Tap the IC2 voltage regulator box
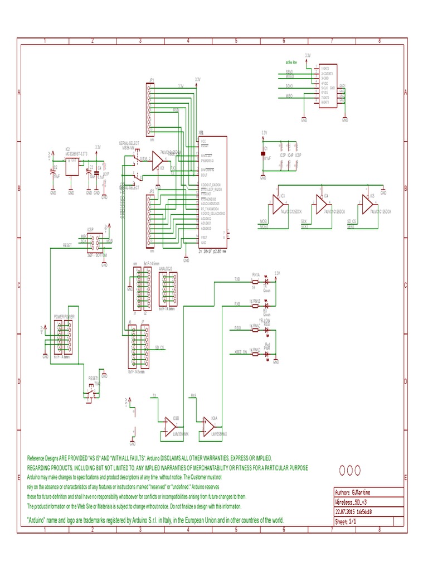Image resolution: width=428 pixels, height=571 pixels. pos(71,166)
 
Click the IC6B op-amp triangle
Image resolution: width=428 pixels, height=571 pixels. pos(169,427)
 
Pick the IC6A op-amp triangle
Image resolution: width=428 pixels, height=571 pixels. pos(208,427)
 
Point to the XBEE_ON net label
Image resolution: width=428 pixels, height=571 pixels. pos(238,352)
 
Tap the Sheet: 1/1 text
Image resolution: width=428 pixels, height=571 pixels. pos(346,521)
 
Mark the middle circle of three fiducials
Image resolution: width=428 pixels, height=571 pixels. pos(350,471)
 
